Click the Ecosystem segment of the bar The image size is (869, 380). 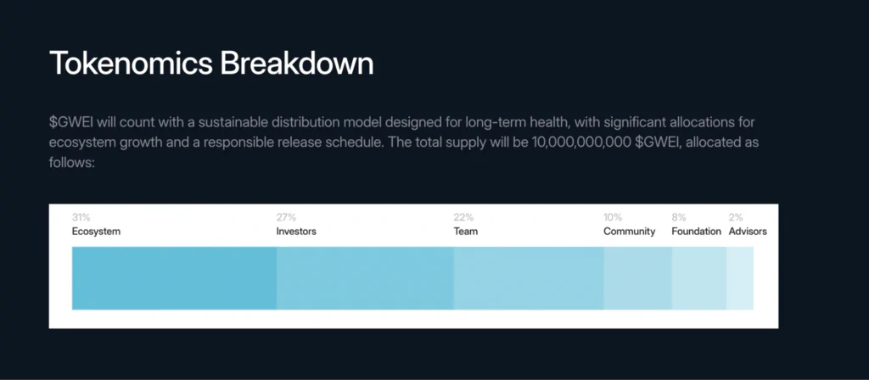coord(174,278)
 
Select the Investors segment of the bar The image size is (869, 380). coord(365,278)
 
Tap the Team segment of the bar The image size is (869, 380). coord(529,278)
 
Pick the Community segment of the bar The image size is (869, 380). coord(638,278)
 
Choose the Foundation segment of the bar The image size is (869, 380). coord(699,278)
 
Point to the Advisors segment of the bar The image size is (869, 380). coord(740,278)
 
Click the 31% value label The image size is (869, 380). coord(81,218)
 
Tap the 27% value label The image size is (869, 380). coord(286,218)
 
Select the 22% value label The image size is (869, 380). coord(463,218)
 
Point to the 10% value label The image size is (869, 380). coord(613,218)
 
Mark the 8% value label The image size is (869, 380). coord(679,218)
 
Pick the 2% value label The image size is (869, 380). coord(736,218)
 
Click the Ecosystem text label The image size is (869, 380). coord(96,232)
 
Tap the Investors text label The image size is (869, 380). coord(296,232)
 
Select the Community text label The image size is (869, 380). coord(630,232)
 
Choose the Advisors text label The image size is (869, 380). coord(748,232)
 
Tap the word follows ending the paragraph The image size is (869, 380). coord(71,159)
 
